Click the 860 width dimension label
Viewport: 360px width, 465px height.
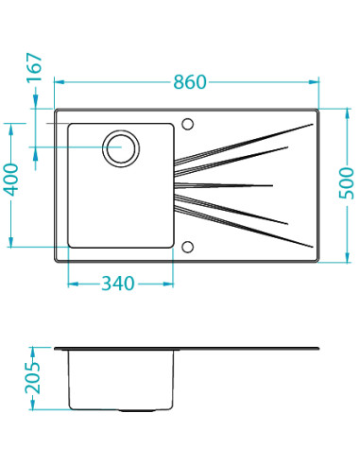190,82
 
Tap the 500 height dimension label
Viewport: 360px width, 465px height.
347,183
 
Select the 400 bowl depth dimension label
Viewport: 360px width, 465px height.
11,180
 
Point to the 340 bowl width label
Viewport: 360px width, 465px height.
118,284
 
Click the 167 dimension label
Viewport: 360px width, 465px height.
34,68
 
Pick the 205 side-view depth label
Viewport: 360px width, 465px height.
33,378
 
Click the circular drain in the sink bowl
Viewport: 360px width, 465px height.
121,148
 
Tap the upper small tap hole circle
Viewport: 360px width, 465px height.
188,124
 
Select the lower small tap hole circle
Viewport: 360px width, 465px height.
188,247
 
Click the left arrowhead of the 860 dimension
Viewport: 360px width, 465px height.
60,82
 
